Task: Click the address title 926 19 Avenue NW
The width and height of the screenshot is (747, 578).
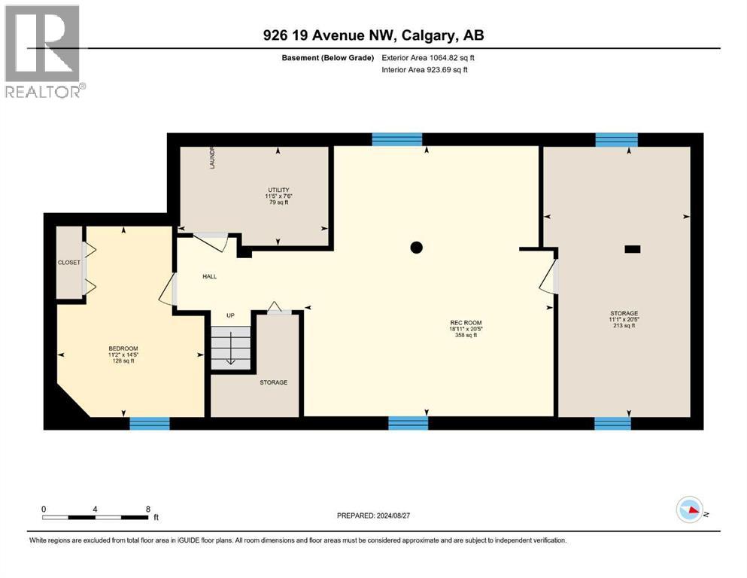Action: click(x=373, y=36)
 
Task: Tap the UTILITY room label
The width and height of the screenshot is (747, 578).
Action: click(x=278, y=190)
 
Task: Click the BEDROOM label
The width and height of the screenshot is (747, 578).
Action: click(x=123, y=348)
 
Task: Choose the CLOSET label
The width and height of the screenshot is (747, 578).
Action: click(x=69, y=263)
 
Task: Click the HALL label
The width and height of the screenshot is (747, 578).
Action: click(x=210, y=276)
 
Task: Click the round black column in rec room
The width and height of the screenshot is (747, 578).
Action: click(x=416, y=248)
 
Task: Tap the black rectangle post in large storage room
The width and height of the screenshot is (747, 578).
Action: click(x=633, y=248)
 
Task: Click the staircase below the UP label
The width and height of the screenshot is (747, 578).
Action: click(x=229, y=348)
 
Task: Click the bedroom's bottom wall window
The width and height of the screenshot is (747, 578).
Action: click(x=149, y=424)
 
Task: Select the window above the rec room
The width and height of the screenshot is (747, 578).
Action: click(x=397, y=139)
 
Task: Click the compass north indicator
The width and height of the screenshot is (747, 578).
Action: click(x=691, y=511)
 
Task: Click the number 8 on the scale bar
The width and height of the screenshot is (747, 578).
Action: click(x=148, y=509)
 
